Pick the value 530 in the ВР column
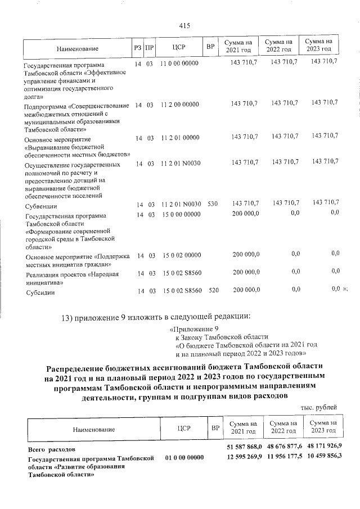[212, 204]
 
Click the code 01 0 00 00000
[184, 459]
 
